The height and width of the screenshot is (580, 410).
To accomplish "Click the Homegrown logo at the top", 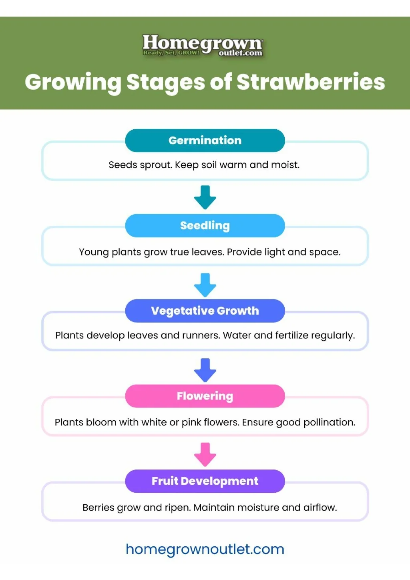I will [x=203, y=45].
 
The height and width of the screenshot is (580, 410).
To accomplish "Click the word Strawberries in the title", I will [x=311, y=82].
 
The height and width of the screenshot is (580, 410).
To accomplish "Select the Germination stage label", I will [x=205, y=140].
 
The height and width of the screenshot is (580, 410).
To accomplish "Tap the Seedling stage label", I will [x=205, y=226].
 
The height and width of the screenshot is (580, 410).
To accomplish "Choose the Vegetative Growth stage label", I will [x=205, y=311].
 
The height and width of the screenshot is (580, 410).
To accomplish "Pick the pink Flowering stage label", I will [x=205, y=396].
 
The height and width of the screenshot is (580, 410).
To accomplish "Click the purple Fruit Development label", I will [x=205, y=481].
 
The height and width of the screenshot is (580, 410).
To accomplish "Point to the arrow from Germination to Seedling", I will [x=205, y=197].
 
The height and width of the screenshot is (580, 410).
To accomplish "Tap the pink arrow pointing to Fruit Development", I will [x=205, y=455].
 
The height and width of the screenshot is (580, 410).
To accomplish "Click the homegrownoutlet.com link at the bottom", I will [x=205, y=549].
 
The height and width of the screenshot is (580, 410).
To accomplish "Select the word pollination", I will [x=329, y=422].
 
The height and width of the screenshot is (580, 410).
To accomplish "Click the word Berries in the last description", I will [x=98, y=508].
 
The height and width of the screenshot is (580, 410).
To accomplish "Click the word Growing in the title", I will [x=73, y=82].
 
